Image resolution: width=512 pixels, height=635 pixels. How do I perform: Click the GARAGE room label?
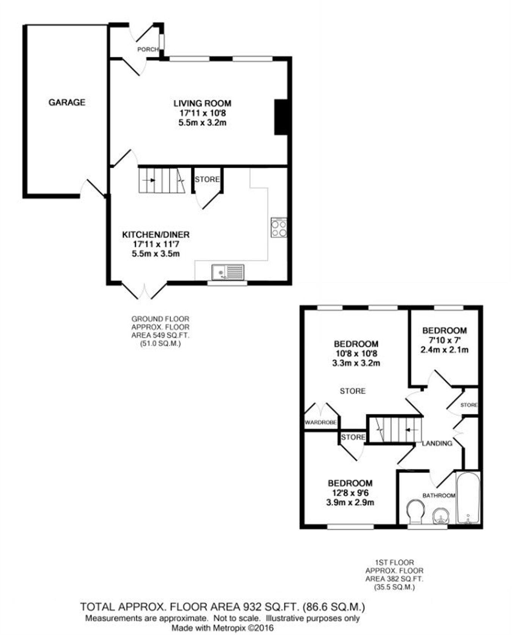click(x=67, y=102)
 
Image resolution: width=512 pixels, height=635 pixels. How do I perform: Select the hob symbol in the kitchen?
click(x=279, y=228)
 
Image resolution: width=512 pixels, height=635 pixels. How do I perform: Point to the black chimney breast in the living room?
click(x=281, y=117)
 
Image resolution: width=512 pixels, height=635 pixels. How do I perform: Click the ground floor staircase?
click(x=162, y=181)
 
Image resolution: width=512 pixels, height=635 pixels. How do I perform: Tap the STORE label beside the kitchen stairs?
click(x=207, y=179)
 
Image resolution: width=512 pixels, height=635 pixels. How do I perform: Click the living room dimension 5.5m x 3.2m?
click(x=203, y=123)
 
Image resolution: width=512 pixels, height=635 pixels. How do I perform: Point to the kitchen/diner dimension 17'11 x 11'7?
click(x=156, y=245)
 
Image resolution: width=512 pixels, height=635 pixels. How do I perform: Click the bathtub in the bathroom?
click(x=468, y=498)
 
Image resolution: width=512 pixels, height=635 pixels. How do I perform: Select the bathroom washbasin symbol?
click(x=441, y=516)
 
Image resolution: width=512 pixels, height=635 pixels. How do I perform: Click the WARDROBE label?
click(x=320, y=422)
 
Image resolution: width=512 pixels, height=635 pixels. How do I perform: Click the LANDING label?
click(x=437, y=443)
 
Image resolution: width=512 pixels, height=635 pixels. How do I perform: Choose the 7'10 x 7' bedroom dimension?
click(x=444, y=340)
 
